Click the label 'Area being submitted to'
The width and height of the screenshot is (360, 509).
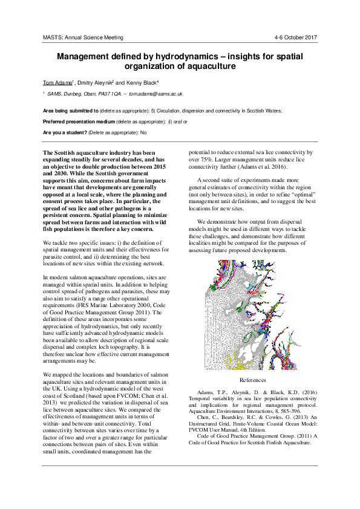[x=71, y=111]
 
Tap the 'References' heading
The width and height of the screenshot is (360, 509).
[x=252, y=380]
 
